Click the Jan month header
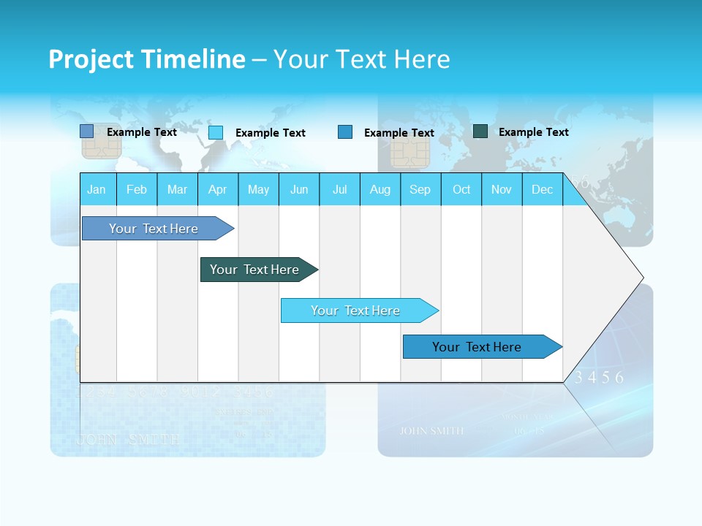pyautogui.click(x=97, y=189)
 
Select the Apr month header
pyautogui.click(x=217, y=189)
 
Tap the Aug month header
pyautogui.click(x=380, y=189)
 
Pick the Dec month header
pyautogui.click(x=542, y=189)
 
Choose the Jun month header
pyautogui.click(x=298, y=189)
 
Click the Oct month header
pyautogui.click(x=461, y=189)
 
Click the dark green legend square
pyautogui.click(x=480, y=131)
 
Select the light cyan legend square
pyautogui.click(x=216, y=132)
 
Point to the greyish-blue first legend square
pyautogui.click(x=87, y=131)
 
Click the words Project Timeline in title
pyautogui.click(x=147, y=59)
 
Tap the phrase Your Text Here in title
pyautogui.click(x=361, y=59)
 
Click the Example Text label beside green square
pyautogui.click(x=533, y=132)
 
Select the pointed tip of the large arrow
pyautogui.click(x=641, y=278)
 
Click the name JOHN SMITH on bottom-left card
pyautogui.click(x=128, y=440)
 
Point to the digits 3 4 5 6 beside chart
pyautogui.click(x=600, y=378)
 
